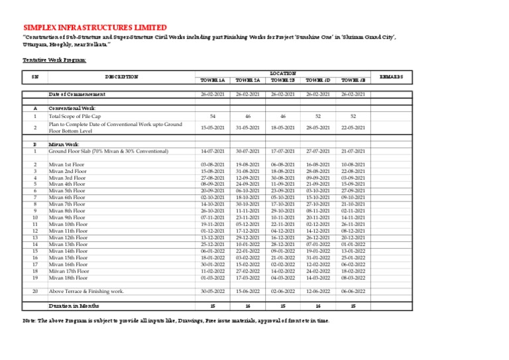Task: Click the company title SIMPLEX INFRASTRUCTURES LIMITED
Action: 95,27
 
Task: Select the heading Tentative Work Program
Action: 54,60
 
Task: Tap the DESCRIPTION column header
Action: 121,77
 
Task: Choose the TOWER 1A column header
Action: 213,80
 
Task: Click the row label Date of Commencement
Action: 77,95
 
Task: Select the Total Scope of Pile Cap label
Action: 83,116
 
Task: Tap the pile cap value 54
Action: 213,116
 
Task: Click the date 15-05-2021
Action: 213,127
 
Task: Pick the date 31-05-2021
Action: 248,127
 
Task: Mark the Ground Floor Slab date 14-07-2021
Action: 213,151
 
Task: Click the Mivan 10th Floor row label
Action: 69,225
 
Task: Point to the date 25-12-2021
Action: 213,245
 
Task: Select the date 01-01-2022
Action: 353,245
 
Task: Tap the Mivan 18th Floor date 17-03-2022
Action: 248,277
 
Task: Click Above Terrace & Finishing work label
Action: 86,291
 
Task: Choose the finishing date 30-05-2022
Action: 213,291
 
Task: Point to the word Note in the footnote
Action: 30,320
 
